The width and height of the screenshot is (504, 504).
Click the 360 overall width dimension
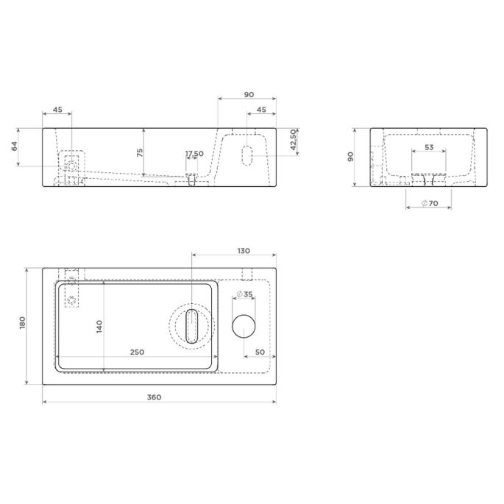(x=154, y=397)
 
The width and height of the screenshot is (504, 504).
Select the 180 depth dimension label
(x=23, y=323)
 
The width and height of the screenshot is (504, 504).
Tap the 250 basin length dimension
(x=137, y=352)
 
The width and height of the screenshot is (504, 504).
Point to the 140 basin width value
(x=99, y=326)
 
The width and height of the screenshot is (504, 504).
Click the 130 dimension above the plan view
(x=244, y=251)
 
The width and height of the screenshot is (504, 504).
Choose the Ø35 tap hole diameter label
(x=244, y=294)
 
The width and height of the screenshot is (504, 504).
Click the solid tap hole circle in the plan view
(x=244, y=326)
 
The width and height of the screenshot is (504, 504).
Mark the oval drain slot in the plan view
(x=192, y=326)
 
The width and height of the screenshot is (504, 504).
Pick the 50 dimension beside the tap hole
(x=260, y=352)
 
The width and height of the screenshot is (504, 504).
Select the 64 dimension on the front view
(x=15, y=146)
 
